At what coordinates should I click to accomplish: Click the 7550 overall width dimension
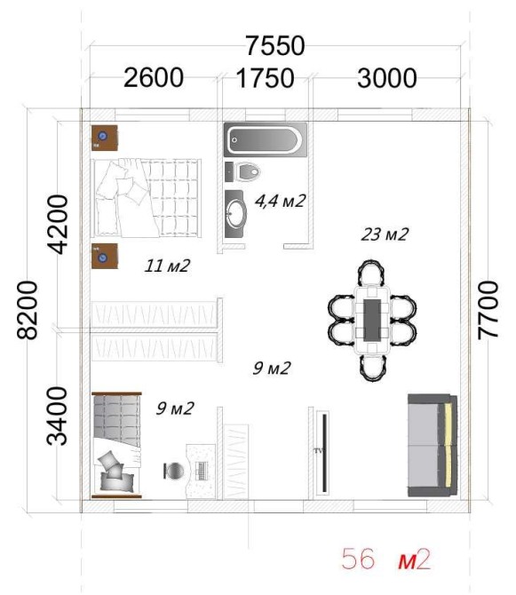(275, 46)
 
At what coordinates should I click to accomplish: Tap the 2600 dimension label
(154, 78)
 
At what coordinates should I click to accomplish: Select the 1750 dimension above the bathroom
(266, 78)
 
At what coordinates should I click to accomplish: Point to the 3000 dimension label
(387, 78)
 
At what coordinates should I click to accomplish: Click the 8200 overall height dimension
(28, 310)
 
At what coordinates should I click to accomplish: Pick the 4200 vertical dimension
(58, 225)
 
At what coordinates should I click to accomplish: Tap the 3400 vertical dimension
(57, 416)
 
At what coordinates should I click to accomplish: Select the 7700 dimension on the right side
(488, 310)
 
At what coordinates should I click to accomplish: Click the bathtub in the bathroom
(266, 139)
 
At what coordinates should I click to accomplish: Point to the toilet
(248, 172)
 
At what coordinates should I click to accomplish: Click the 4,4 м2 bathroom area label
(280, 201)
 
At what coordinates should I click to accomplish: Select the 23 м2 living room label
(385, 234)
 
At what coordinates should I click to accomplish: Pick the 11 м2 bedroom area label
(167, 266)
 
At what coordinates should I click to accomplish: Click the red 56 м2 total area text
(385, 559)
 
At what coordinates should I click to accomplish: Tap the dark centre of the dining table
(372, 320)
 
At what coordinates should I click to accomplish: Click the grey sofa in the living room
(433, 445)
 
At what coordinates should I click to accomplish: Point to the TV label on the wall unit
(318, 451)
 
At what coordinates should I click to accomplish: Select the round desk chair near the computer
(174, 471)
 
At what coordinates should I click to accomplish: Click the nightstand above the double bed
(104, 138)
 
